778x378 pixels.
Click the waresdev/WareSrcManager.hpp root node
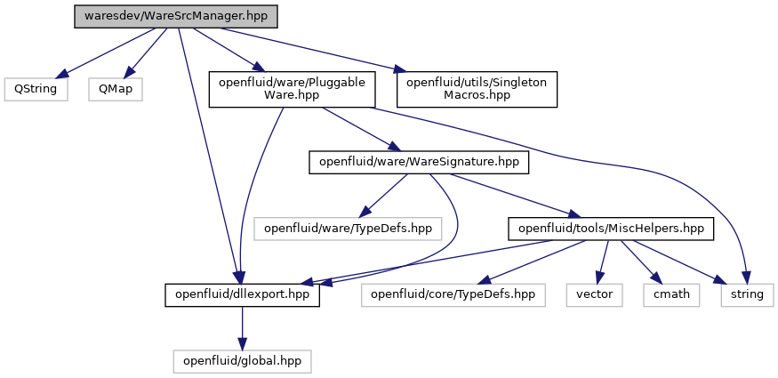pos(176,16)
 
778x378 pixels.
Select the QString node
pos(36,89)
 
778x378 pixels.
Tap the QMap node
pos(116,89)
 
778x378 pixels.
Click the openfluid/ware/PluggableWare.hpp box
pos(292,89)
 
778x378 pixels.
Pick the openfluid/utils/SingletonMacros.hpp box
pos(477,89)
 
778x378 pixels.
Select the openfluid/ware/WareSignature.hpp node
pos(419,162)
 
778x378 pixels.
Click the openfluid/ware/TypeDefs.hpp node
pos(348,229)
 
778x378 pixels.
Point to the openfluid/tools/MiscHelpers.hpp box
pos(611,229)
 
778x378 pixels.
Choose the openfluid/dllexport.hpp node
pos(242,294)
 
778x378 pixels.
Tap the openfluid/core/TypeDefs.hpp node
pos(453,294)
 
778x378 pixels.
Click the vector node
pos(595,294)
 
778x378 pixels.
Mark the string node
pos(747,294)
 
